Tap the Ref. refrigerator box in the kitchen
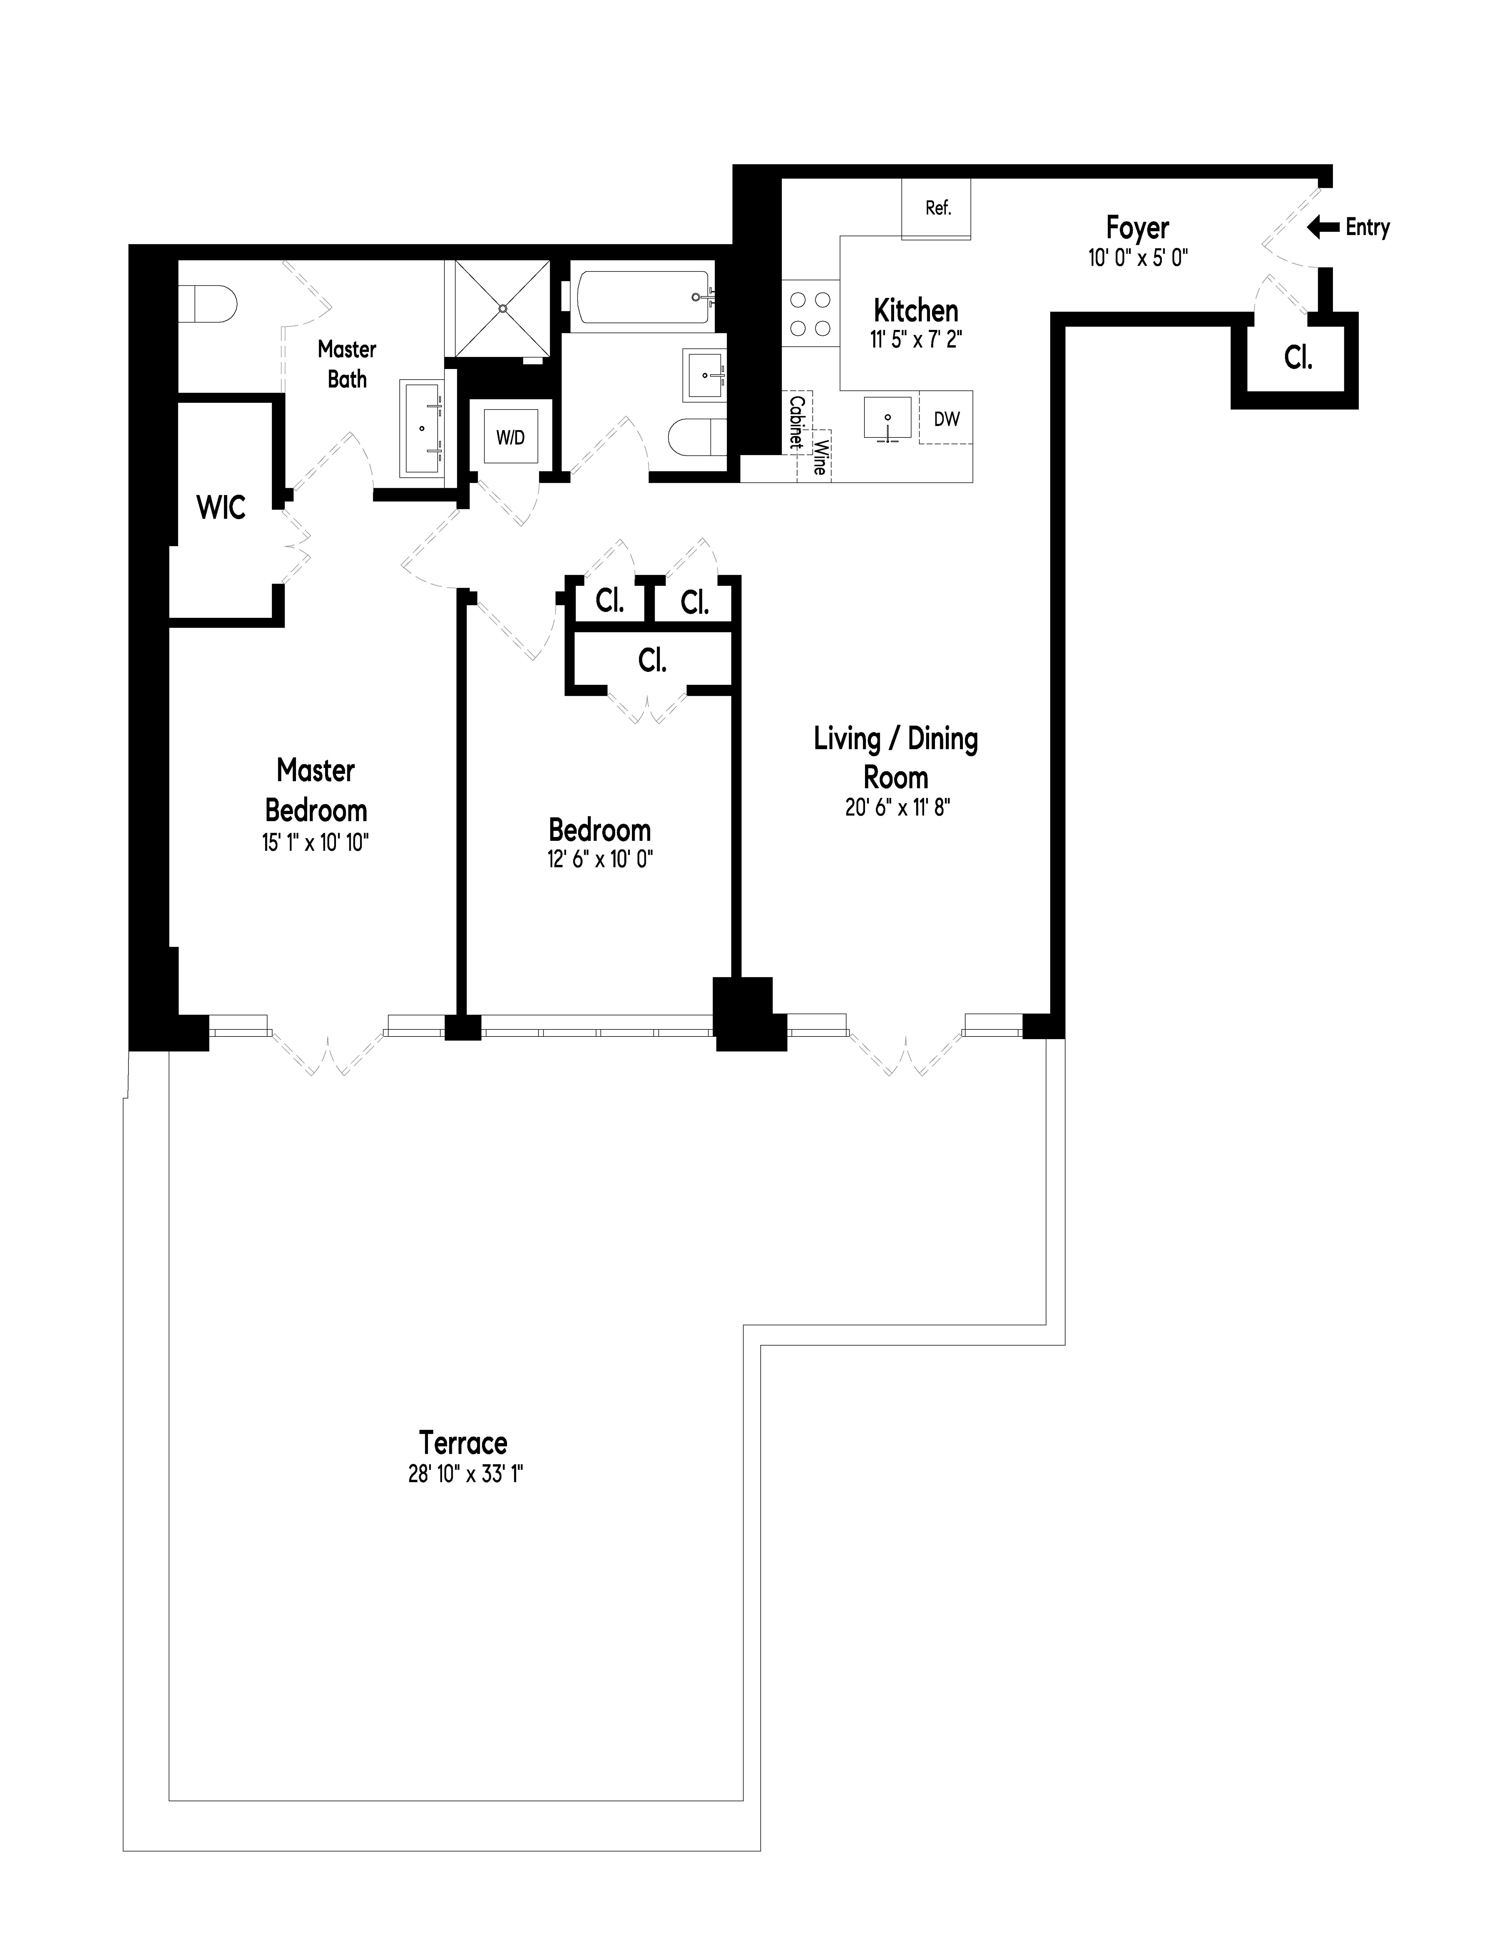pyautogui.click(x=937, y=208)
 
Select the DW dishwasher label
pyautogui.click(x=947, y=418)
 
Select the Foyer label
pyautogui.click(x=1138, y=228)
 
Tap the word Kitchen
pyautogui.click(x=916, y=311)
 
